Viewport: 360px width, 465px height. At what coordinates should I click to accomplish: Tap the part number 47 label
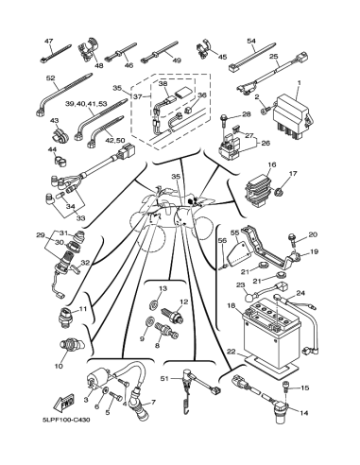49,41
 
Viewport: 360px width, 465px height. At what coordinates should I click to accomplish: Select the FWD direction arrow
64,402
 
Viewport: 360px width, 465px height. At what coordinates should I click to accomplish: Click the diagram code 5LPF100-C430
64,420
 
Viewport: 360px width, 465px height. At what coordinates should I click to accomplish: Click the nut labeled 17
279,191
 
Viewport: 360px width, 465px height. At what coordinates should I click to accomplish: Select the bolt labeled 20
292,239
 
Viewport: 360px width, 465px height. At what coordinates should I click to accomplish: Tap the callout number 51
164,378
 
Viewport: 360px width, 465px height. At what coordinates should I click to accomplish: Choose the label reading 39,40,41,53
87,104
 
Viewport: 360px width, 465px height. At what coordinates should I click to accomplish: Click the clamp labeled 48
88,50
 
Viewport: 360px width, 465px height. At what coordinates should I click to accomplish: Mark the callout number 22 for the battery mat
231,352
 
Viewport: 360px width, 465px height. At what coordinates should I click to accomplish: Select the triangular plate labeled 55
239,252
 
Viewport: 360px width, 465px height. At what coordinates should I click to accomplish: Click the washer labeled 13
153,304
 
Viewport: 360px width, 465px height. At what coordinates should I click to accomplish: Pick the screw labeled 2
266,110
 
